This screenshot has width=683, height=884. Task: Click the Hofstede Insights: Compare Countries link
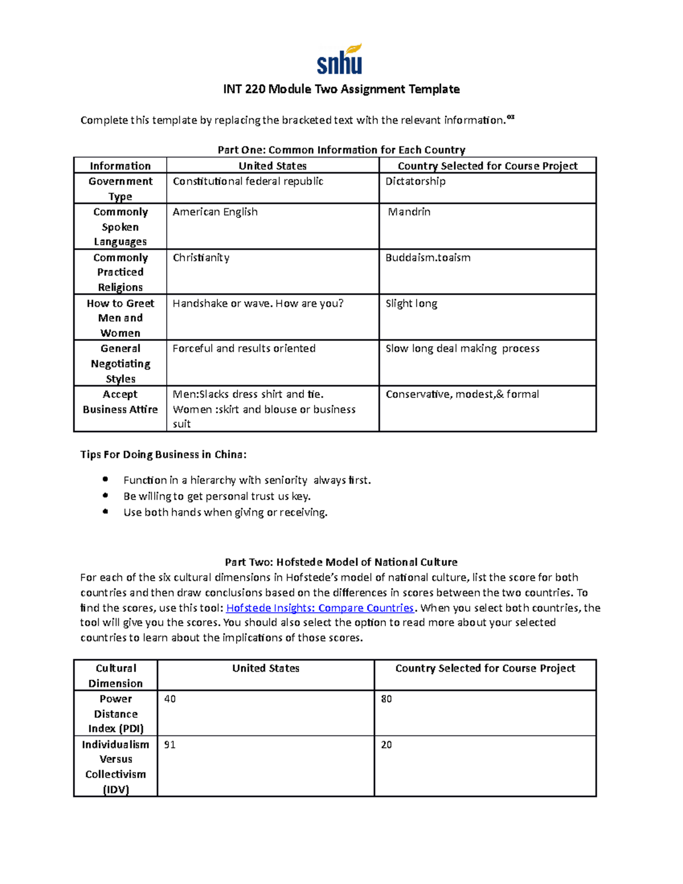(x=320, y=608)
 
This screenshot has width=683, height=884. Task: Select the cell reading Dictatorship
(x=415, y=182)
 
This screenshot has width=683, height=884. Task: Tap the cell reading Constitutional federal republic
(x=248, y=182)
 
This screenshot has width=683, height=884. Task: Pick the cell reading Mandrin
(x=409, y=212)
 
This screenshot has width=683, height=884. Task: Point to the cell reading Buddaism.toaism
(x=428, y=258)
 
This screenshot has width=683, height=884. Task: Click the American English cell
(x=215, y=212)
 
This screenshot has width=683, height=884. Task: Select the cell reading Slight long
(x=412, y=303)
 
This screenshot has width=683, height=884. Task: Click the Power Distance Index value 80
(x=386, y=699)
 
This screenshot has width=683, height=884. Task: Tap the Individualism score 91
(x=170, y=745)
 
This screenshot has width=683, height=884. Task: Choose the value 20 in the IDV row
(x=386, y=745)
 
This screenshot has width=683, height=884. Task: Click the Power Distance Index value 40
(x=170, y=699)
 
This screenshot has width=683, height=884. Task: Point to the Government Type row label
(x=120, y=188)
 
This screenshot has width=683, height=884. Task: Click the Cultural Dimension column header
(x=116, y=676)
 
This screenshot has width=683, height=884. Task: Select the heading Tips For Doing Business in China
(x=163, y=454)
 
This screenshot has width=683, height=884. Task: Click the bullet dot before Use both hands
(x=105, y=511)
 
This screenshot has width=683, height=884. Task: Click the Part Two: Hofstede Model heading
(x=341, y=562)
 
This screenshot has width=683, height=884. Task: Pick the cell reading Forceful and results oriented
(x=244, y=348)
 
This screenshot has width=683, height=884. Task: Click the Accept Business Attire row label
(x=120, y=402)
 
